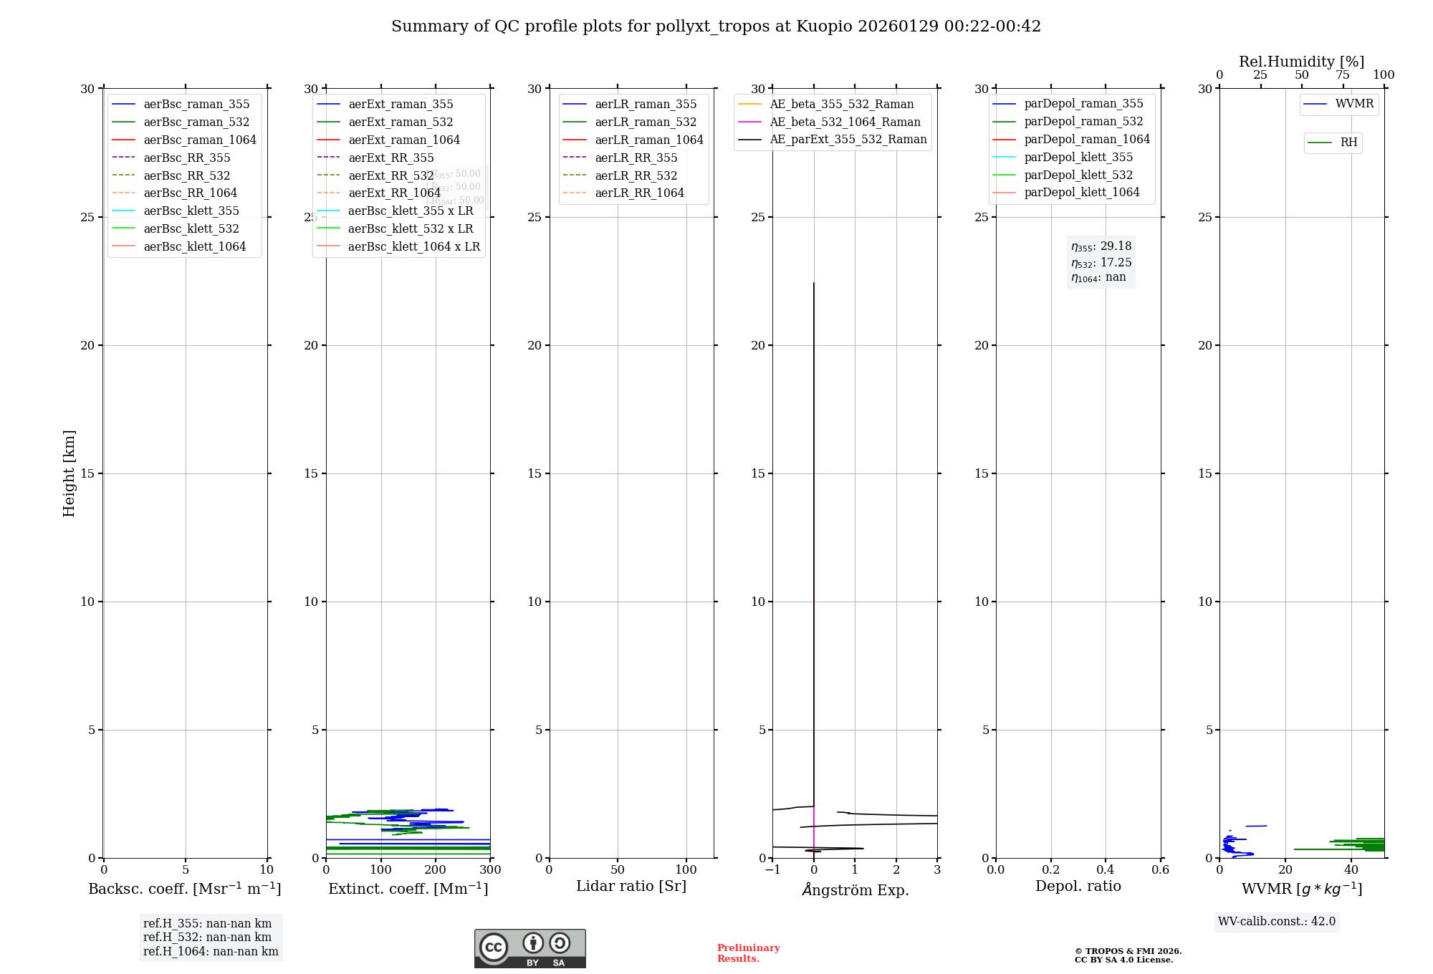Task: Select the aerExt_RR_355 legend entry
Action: point(390,158)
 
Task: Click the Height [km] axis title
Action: point(69,473)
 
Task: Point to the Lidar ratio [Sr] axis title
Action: point(631,886)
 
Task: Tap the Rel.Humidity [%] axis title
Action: point(1301,62)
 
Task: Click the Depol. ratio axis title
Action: point(1078,886)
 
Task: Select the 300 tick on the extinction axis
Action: point(490,870)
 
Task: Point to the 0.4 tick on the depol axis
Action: point(1106,870)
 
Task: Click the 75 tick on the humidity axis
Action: point(1343,75)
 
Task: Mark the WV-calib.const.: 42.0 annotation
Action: point(1277,921)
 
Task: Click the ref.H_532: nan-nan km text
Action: point(207,937)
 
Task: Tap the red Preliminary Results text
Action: point(748,953)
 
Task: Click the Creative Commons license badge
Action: point(529,948)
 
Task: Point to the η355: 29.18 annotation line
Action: point(1101,246)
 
